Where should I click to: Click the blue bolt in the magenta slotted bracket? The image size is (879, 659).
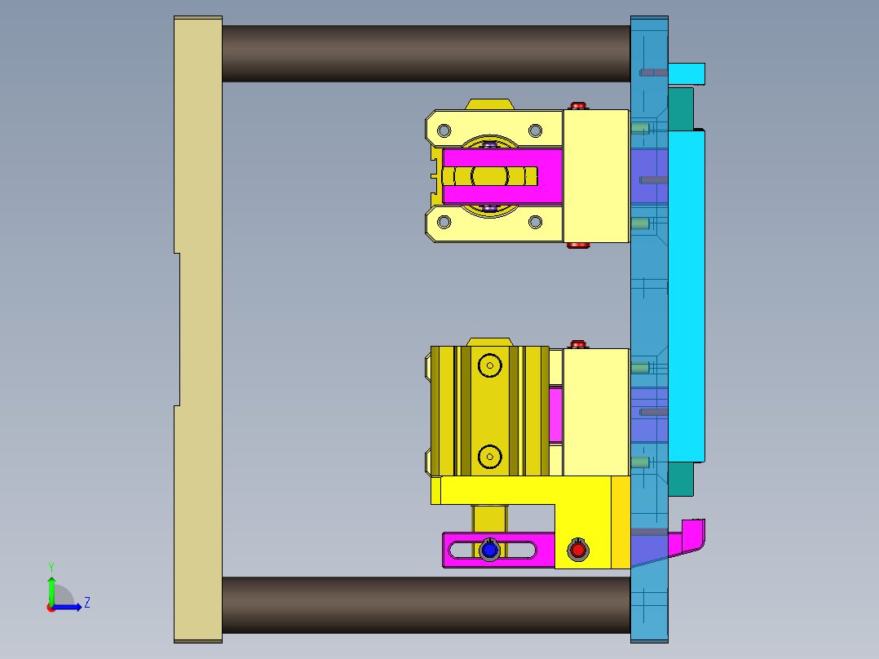pyautogui.click(x=489, y=551)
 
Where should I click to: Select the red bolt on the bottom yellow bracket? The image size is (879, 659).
pyautogui.click(x=578, y=551)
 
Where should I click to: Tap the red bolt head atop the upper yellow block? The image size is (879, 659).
pyautogui.click(x=578, y=106)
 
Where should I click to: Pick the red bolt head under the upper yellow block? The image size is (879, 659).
pyautogui.click(x=578, y=245)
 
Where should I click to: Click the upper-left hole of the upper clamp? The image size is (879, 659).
pyautogui.click(x=444, y=130)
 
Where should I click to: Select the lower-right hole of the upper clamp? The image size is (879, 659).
pyautogui.click(x=535, y=221)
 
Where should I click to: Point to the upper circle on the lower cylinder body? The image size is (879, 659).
pyautogui.click(x=489, y=365)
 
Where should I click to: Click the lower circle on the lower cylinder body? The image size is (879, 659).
pyautogui.click(x=489, y=457)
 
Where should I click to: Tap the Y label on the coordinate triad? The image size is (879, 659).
pyautogui.click(x=51, y=566)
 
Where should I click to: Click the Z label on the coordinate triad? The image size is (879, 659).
pyautogui.click(x=86, y=603)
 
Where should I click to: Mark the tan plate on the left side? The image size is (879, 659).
pyautogui.click(x=197, y=326)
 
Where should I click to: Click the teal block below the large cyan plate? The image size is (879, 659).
pyautogui.click(x=681, y=480)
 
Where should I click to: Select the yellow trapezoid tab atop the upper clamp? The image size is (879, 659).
pyautogui.click(x=489, y=104)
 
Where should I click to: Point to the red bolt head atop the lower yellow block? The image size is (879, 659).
pyautogui.click(x=578, y=344)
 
